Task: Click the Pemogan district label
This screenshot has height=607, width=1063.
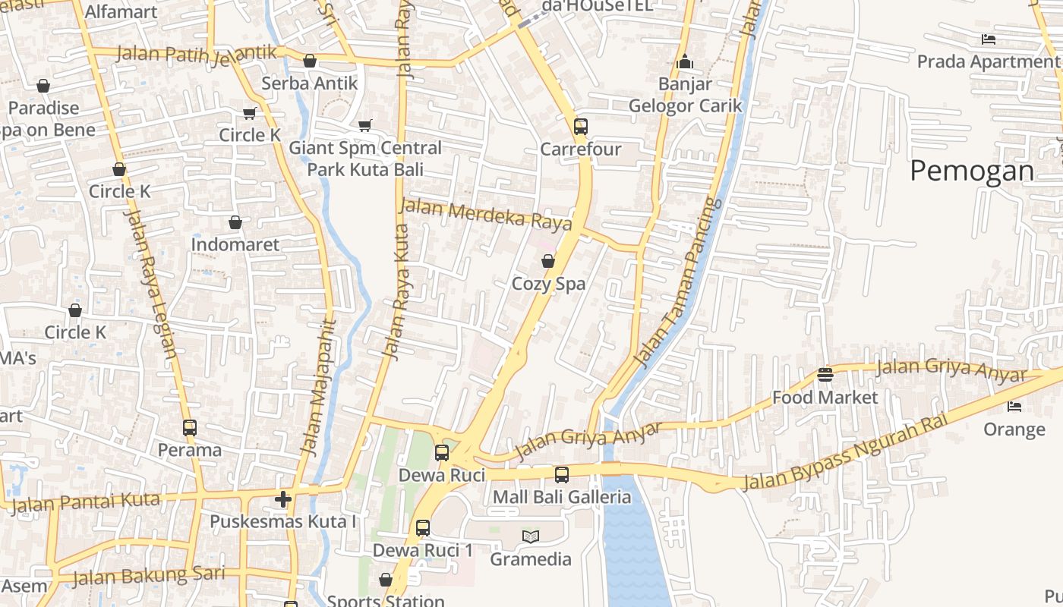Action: tap(972, 171)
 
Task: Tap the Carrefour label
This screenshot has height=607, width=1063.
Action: tap(581, 149)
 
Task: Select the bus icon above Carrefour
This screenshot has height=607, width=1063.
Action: tap(581, 127)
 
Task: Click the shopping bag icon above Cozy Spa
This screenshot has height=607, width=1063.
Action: tap(548, 261)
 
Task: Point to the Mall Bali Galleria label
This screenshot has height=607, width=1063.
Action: tap(562, 497)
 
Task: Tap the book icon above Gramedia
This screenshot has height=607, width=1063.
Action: tap(531, 536)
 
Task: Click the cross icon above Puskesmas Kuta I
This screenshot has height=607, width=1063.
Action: tap(283, 498)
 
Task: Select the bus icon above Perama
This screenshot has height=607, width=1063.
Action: tap(190, 428)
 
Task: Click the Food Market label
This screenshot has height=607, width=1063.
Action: tap(825, 398)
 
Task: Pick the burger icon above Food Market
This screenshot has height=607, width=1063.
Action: tap(825, 375)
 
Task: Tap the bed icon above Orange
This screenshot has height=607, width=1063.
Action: tap(1014, 407)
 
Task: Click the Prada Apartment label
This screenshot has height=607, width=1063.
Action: tap(987, 61)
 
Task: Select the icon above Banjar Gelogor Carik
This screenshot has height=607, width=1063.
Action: tap(685, 61)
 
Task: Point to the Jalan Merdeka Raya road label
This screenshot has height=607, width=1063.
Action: tap(486, 214)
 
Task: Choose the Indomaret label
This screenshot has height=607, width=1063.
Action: tap(235, 245)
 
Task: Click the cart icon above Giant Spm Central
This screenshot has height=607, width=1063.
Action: tap(365, 125)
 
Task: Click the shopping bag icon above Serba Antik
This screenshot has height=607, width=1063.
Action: tap(310, 61)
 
